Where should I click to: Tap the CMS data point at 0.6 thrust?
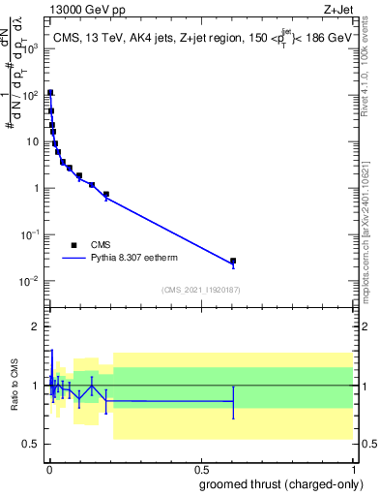point(233,261)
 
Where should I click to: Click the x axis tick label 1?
point(354,467)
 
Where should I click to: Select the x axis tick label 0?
point(48,467)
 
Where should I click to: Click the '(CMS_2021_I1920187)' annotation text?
point(200,290)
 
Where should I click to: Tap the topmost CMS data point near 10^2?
point(50,93)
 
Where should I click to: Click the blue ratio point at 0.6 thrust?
point(233,401)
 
